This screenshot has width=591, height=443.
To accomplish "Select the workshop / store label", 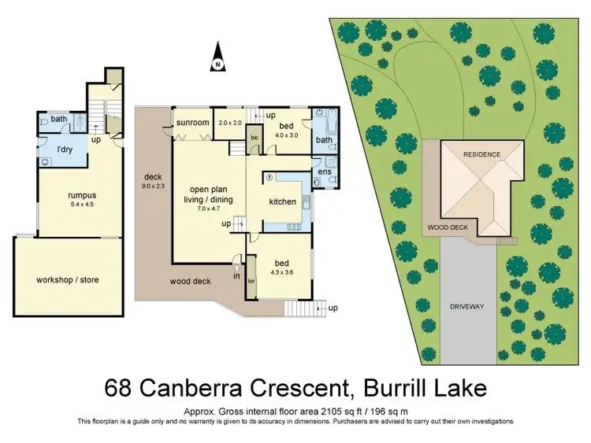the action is click(68, 279).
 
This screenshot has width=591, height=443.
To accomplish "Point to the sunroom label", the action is click(192, 123).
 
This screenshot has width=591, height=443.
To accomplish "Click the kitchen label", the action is click(283, 201).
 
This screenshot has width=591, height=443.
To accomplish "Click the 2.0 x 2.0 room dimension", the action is click(231, 123).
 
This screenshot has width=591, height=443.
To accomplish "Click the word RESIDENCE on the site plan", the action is click(481, 154).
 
